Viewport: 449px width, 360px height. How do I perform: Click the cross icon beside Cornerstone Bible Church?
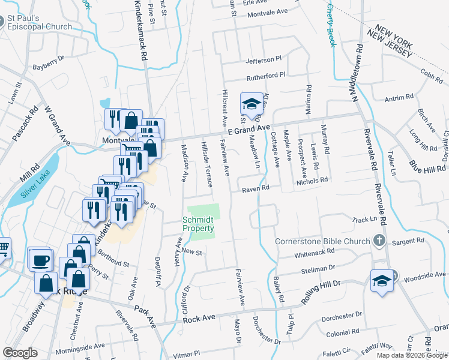pos(379,241)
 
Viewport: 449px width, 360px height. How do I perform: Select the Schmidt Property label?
pos(198,224)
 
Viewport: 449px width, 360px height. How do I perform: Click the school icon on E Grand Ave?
pos(252,103)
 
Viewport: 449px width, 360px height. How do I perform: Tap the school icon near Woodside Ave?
pos(381,280)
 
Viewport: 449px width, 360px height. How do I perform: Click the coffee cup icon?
pos(41,259)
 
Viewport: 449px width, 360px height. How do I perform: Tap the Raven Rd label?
pos(255,189)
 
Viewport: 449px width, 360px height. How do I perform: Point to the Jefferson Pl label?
pos(264,61)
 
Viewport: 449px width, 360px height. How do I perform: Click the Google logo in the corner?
pos(20,352)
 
